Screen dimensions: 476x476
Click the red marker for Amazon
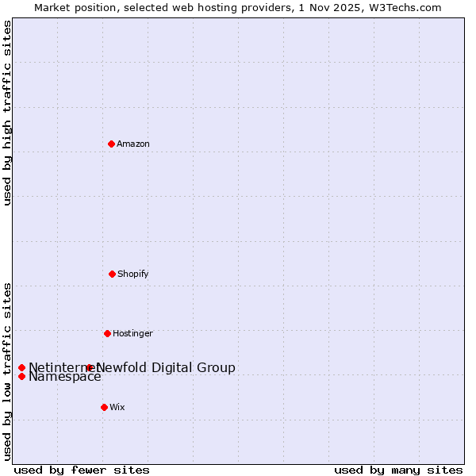pyautogui.click(x=112, y=144)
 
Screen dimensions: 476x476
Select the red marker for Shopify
pyautogui.click(x=112, y=274)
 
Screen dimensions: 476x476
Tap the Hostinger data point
pyautogui.click(x=107, y=333)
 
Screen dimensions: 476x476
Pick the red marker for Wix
pyautogui.click(x=104, y=407)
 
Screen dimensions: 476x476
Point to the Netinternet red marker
pyautogui.click(x=22, y=367)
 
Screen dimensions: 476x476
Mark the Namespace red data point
pyautogui.click(x=22, y=376)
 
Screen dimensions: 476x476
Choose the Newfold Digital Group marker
pyautogui.click(x=90, y=367)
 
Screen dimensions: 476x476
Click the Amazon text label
pyautogui.click(x=133, y=144)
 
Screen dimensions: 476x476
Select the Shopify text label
pyautogui.click(x=133, y=274)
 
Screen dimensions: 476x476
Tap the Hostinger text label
pyautogui.click(x=132, y=334)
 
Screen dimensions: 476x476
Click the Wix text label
pyautogui.click(x=117, y=408)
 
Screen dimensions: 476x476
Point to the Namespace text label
pyautogui.click(x=65, y=377)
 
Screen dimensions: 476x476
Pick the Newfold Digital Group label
pyautogui.click(x=166, y=367)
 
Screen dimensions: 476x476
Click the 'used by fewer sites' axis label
pyautogui.click(x=82, y=470)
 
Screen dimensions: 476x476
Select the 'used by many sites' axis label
pyautogui.click(x=398, y=470)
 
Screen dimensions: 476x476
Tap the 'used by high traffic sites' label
pyautogui.click(x=7, y=113)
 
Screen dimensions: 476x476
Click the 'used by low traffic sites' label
pyautogui.click(x=7, y=371)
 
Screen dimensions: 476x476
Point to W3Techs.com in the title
pyautogui.click(x=402, y=7)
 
